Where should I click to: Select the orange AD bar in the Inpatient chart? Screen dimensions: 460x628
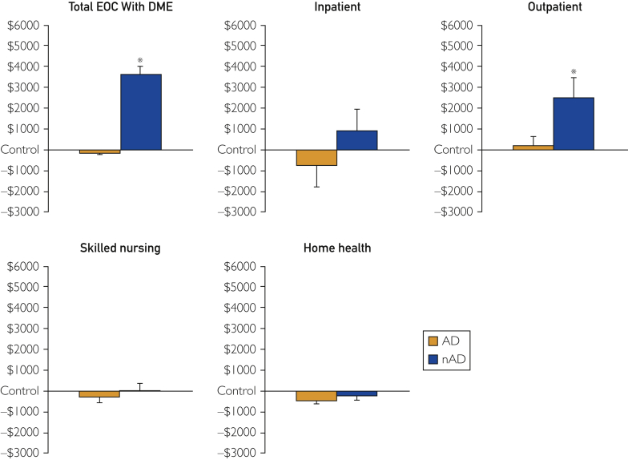pos(316,157)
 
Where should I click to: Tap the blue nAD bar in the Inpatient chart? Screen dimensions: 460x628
pos(356,139)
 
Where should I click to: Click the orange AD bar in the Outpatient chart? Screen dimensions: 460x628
pos(533,147)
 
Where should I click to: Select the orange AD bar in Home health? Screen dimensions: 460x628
pos(316,396)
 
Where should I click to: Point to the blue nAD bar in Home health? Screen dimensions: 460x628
pos(356,393)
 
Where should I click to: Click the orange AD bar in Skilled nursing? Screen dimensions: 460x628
pos(99,394)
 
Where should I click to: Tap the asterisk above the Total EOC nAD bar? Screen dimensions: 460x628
pos(140,60)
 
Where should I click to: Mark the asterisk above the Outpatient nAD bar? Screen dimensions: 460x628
pos(574,72)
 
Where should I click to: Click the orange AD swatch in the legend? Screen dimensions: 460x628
pos(434,341)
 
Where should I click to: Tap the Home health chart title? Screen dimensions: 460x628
pos(336,248)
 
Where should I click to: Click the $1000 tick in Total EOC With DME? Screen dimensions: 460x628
pos(26,129)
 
